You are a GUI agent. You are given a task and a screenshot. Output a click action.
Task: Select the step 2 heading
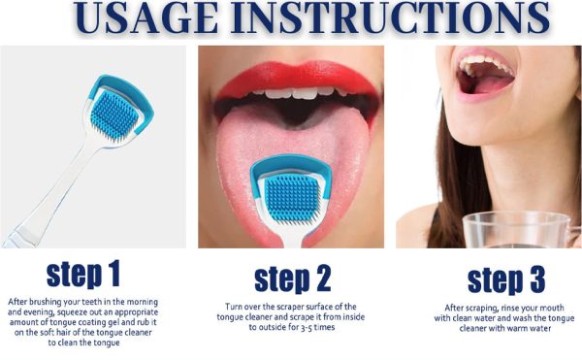click(x=292, y=278)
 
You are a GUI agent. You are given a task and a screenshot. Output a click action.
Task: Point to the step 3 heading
click(x=505, y=278)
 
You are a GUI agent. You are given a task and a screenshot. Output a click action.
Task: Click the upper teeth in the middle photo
click(x=291, y=98)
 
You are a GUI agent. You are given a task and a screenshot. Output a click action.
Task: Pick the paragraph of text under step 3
click(x=505, y=319)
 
